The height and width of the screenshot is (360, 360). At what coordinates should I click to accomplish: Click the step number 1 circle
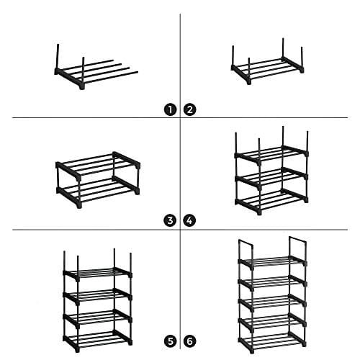tap(171, 109)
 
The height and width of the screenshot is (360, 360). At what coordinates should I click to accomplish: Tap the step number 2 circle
tap(190, 109)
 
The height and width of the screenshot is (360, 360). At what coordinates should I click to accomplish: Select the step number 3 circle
tap(171, 221)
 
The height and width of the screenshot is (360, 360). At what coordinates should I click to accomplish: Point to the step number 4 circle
tap(190, 221)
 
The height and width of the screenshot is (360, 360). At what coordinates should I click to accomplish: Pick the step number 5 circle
tap(171, 340)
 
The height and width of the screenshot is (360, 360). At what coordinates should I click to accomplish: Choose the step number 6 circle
tap(190, 340)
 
